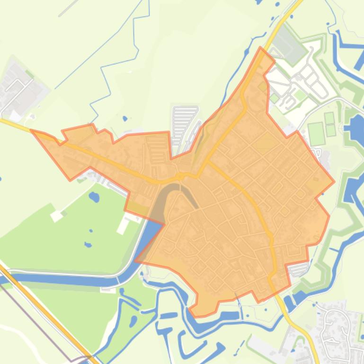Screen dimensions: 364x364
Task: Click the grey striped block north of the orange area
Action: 184,121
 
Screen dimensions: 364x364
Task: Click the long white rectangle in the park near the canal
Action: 123,225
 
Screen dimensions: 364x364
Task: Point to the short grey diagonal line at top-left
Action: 69,8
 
